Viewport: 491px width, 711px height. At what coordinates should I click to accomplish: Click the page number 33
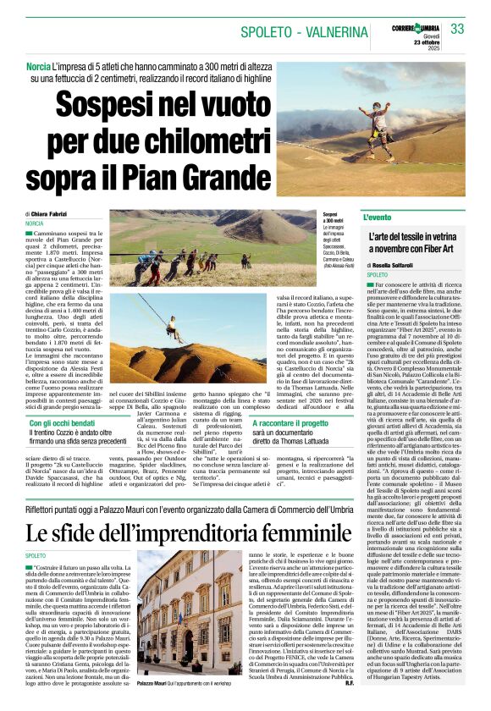[457, 29]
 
